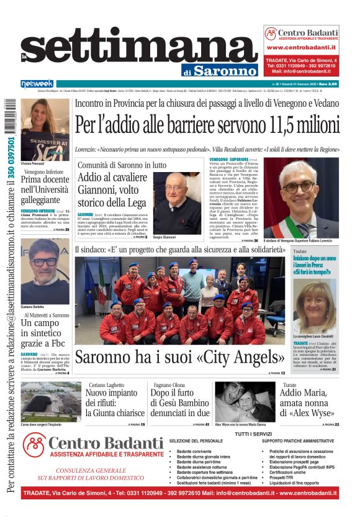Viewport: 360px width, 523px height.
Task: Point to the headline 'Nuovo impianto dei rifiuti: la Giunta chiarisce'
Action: (x=115, y=399)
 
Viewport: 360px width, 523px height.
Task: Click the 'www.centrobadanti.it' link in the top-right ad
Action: (x=301, y=47)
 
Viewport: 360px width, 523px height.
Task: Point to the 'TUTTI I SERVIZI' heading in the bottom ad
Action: (x=254, y=434)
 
